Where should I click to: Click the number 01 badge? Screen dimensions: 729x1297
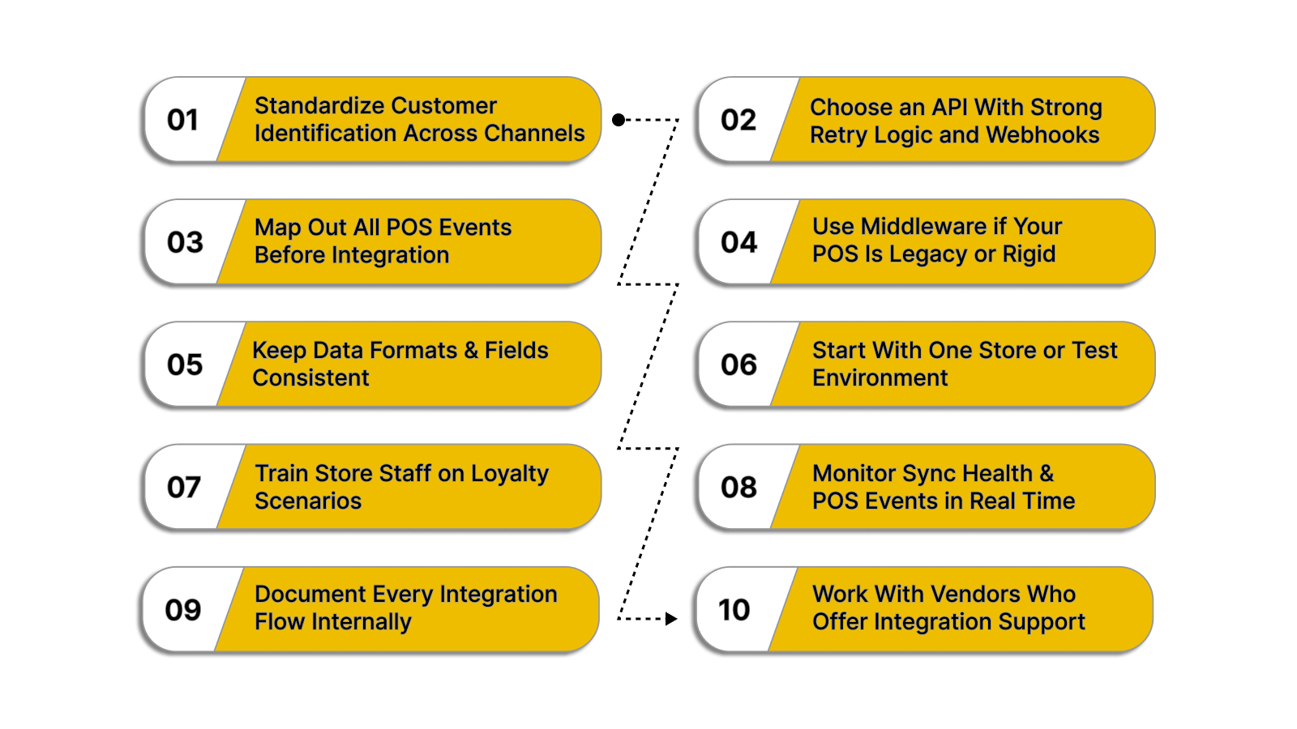(x=183, y=120)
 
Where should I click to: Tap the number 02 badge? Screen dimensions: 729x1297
(x=738, y=120)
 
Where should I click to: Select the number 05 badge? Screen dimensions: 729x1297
(x=185, y=364)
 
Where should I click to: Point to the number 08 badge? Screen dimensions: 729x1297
(x=738, y=487)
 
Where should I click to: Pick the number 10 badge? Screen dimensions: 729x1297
(x=734, y=610)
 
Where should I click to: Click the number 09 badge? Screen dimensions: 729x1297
(x=183, y=610)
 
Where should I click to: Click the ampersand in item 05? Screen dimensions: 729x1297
(x=471, y=351)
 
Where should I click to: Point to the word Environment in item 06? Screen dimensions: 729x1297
(x=880, y=378)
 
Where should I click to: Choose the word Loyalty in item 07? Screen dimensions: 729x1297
(x=509, y=474)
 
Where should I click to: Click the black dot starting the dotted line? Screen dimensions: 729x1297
(x=619, y=120)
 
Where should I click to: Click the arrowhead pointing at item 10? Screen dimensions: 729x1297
(x=671, y=619)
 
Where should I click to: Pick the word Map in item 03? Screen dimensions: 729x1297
(x=278, y=228)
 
